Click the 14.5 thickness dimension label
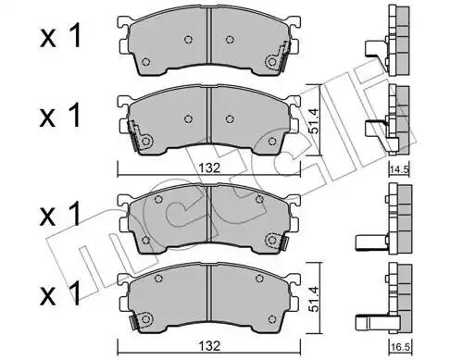[398, 169]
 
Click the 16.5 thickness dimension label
[398, 347]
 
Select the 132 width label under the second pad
[209, 168]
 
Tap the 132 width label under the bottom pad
[209, 346]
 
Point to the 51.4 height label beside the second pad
[314, 121]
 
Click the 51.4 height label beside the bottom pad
[314, 299]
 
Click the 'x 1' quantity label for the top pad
[60, 37]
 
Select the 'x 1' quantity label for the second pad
[60, 116]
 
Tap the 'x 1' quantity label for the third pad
[60, 214]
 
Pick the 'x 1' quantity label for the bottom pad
[60, 292]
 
